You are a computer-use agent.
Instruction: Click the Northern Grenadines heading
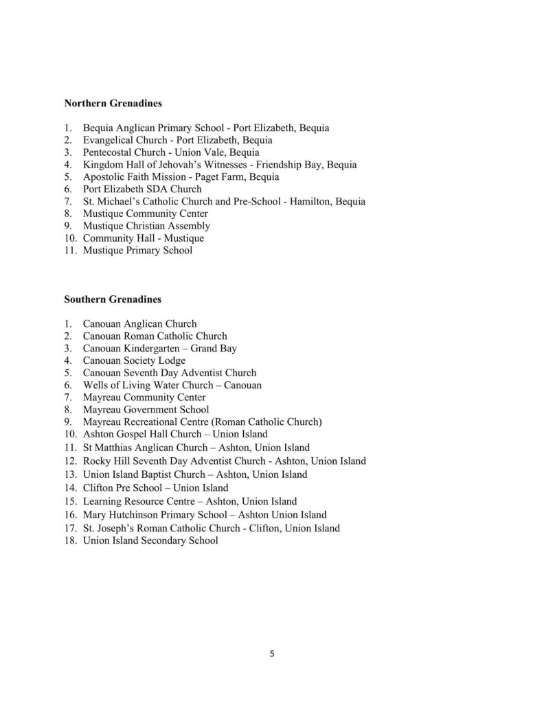(x=113, y=103)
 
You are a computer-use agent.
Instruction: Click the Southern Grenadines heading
(x=113, y=299)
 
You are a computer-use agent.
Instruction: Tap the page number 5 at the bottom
(x=272, y=654)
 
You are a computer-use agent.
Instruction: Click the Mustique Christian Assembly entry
(x=146, y=226)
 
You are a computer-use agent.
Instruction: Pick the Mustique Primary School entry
(x=137, y=251)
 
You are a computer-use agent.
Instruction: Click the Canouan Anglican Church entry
(x=139, y=324)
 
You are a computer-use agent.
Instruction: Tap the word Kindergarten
(x=152, y=348)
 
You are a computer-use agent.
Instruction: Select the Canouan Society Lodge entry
(x=134, y=360)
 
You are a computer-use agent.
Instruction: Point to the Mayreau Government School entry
(x=146, y=410)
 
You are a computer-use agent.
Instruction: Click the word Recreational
(x=156, y=422)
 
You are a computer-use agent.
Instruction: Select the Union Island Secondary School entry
(x=150, y=541)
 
